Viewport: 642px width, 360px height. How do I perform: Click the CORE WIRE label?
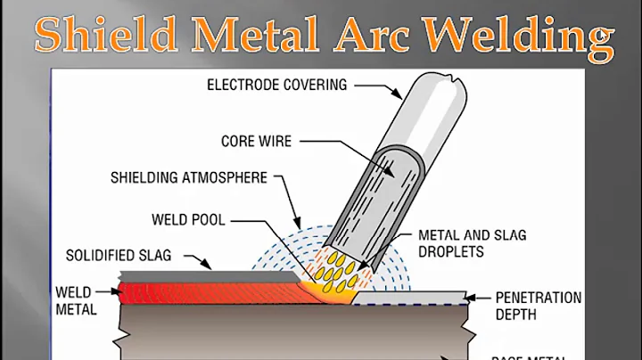tap(259, 141)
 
